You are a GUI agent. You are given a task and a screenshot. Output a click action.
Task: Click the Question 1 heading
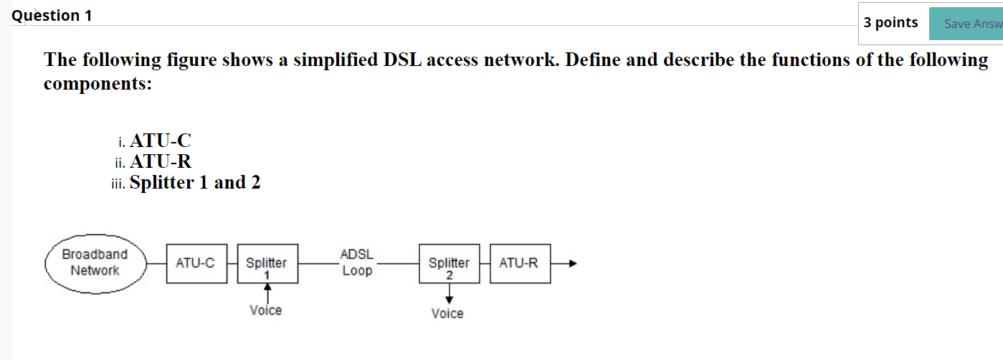point(52,16)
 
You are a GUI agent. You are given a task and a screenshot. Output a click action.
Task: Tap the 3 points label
point(890,23)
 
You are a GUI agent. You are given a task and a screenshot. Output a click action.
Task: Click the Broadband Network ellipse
point(95,263)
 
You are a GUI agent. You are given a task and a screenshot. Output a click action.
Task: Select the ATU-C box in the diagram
point(196,263)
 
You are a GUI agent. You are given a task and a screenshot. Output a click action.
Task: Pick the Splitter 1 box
point(267,263)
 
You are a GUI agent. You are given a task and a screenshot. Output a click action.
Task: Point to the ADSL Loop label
point(357,263)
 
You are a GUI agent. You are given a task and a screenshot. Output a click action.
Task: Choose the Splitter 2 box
point(449,263)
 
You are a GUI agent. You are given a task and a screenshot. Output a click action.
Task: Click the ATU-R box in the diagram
point(519,263)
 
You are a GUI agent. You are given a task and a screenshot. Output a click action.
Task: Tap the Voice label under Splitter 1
point(266,311)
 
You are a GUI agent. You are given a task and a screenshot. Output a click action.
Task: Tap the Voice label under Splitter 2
point(447,313)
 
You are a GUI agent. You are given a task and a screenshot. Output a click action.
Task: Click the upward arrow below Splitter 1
point(267,290)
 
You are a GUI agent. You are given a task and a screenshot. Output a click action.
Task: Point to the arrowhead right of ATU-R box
point(572,264)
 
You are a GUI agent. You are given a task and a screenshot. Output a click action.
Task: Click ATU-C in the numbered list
point(161,141)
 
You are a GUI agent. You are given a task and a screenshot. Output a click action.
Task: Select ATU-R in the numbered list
point(161,161)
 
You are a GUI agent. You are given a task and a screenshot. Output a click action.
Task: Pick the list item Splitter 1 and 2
point(195,183)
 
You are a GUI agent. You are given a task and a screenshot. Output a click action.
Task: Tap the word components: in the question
point(98,84)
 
